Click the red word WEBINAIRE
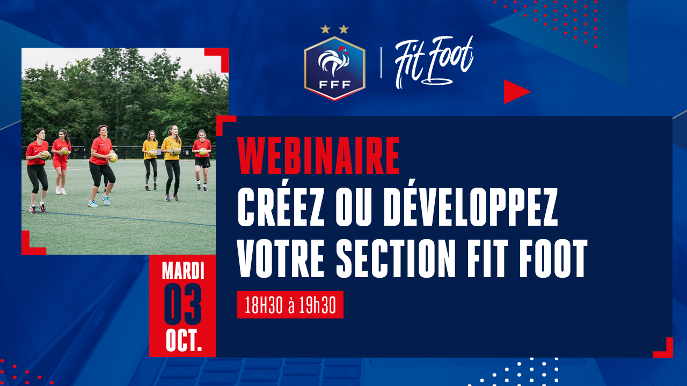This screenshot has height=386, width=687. pos(318,155)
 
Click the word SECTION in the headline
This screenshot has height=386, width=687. pos(396,258)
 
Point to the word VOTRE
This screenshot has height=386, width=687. pos(281,258)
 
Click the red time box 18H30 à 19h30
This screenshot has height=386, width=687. pos(290,305)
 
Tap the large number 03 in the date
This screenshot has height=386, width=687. pos(182,304)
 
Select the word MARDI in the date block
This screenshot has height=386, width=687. pos(183,271)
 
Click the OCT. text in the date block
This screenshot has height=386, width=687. pos(184,341)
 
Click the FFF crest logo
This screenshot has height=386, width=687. pos(334,68)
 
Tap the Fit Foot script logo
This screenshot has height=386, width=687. pos(434,63)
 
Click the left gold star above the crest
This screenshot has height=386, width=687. pos(325,29)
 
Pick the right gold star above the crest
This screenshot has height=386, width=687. pos(344,29)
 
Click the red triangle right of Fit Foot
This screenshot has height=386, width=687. pos(515,92)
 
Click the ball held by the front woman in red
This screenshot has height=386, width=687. pos(113,157)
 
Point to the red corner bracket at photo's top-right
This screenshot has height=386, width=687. pos(220,57)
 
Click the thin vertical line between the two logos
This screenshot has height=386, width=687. pos(381,63)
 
